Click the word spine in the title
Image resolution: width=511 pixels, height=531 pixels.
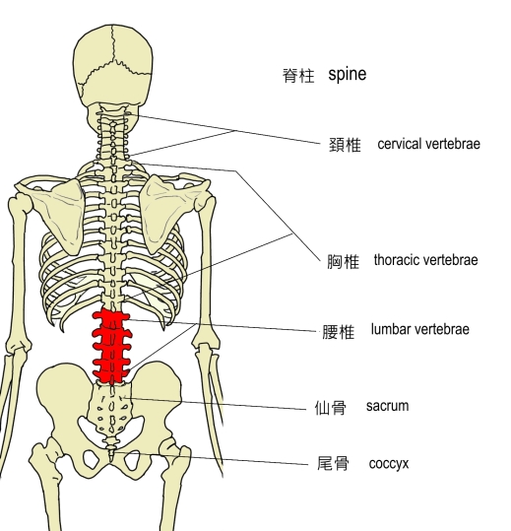pos(348,75)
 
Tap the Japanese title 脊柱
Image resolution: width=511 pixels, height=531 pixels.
pos(298,75)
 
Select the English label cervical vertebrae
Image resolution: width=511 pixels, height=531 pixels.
pos(428,144)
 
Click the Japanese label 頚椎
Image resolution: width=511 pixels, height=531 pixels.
pos(345,145)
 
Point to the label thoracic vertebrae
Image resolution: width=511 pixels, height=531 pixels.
pos(425,260)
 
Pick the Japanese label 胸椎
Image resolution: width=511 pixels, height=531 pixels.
pos(343,261)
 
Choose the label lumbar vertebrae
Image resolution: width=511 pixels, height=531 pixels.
pos(420,329)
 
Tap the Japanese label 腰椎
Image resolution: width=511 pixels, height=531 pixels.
pos(338,332)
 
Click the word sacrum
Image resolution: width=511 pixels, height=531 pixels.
pos(387,406)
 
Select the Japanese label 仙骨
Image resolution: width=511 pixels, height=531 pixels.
pos(331,408)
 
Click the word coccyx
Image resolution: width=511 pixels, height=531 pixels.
pos(389,464)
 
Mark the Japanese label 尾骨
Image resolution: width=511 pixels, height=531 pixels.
pos(333,463)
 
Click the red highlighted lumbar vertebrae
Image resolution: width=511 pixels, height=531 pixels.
pos(111,347)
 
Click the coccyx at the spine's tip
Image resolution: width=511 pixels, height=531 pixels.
pos(111,447)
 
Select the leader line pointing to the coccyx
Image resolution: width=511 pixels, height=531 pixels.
pos(210,458)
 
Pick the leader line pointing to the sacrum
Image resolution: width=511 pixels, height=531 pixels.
pos(216,403)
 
